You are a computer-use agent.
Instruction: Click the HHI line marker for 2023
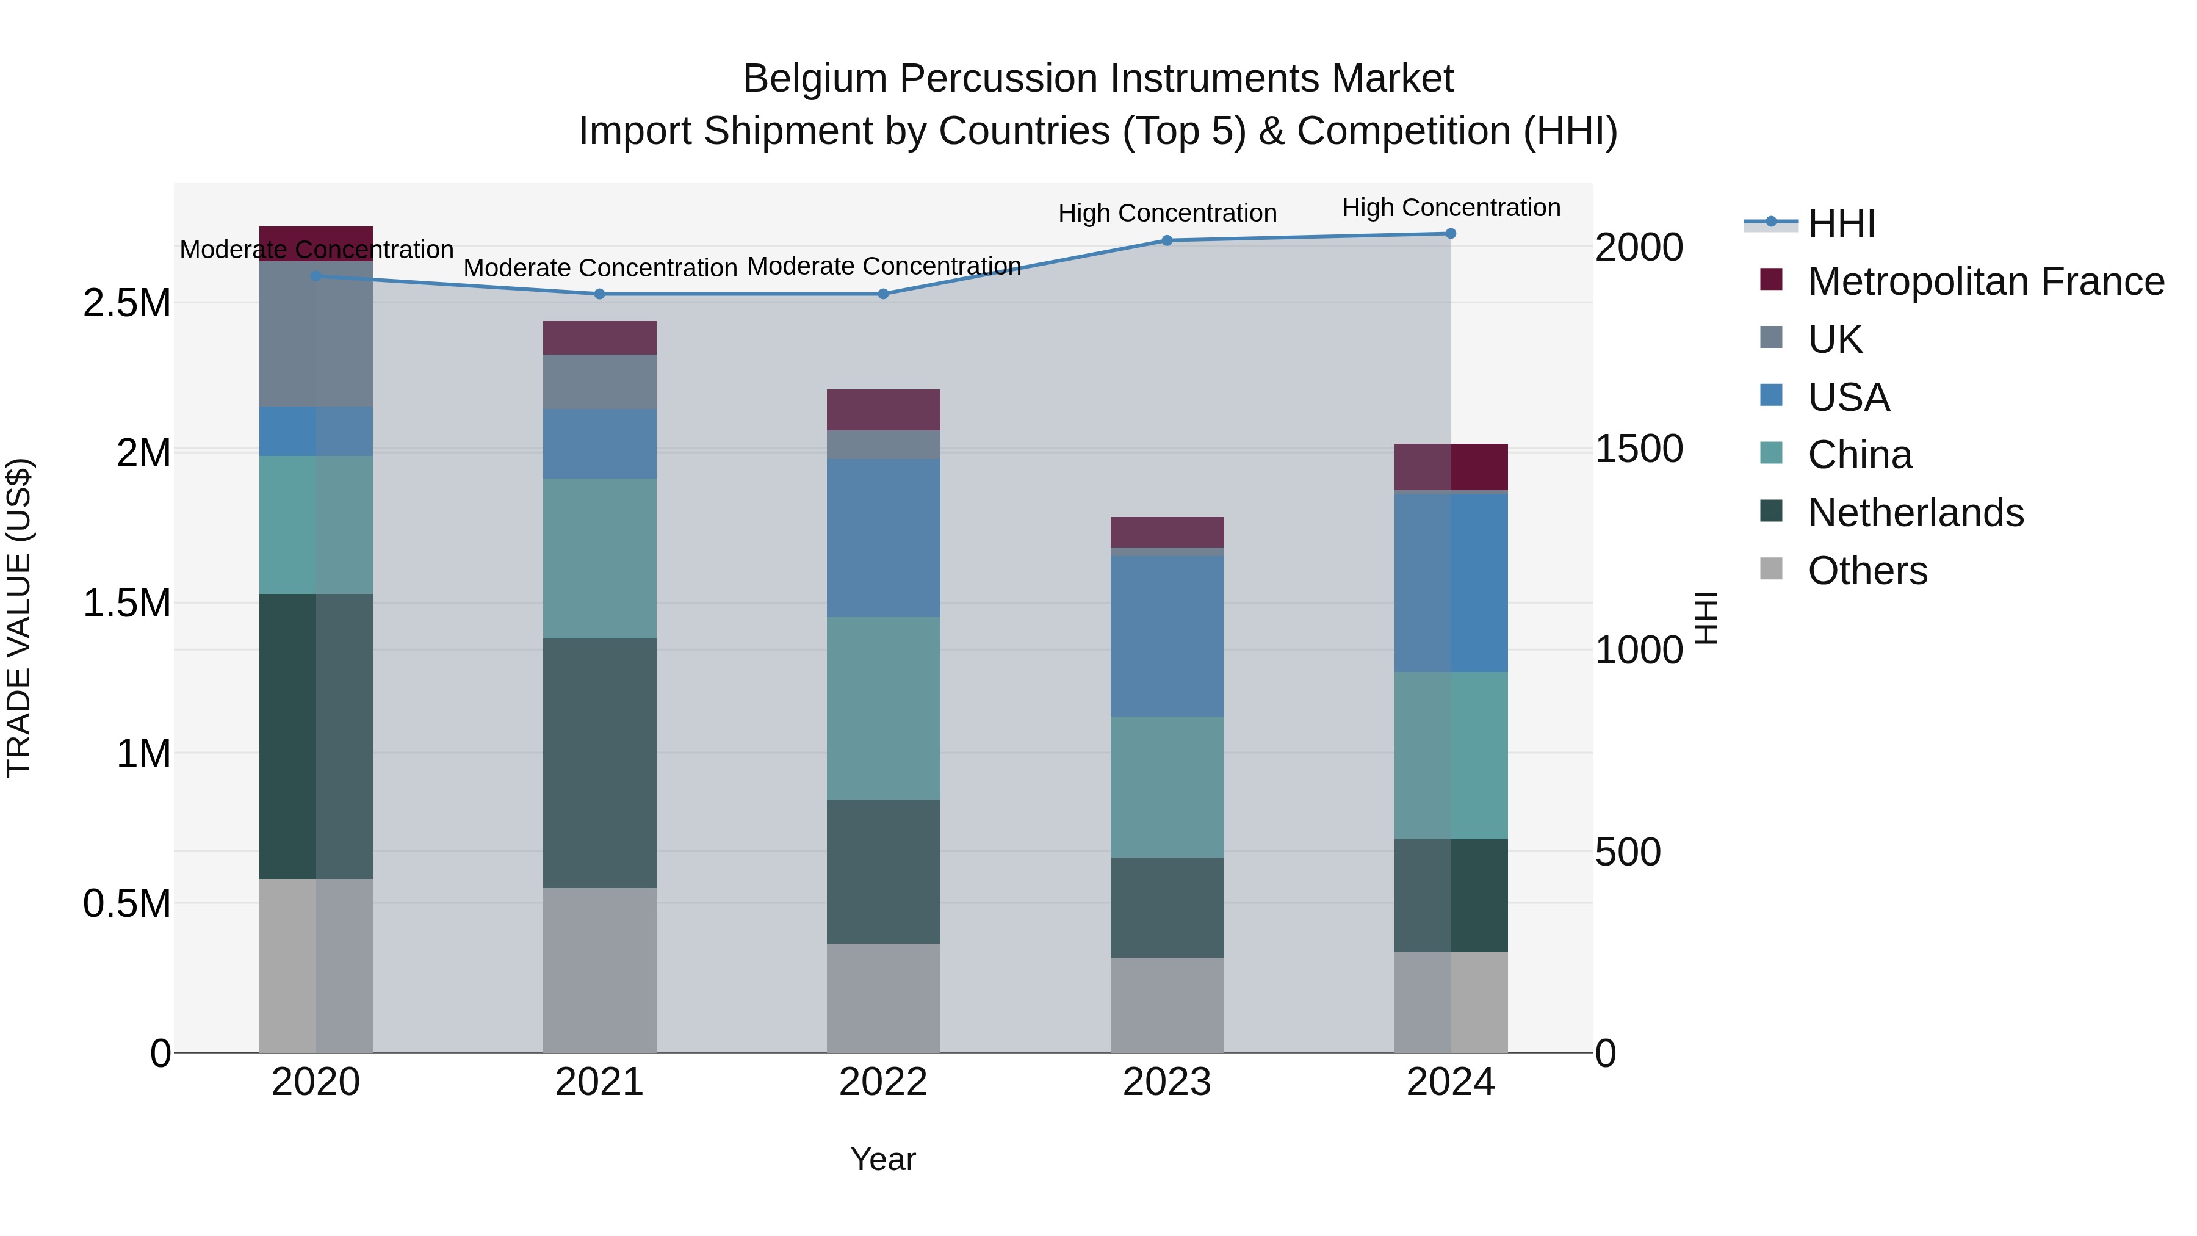point(1167,240)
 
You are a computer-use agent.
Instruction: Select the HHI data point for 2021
point(599,294)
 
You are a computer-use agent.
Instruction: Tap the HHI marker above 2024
point(1451,234)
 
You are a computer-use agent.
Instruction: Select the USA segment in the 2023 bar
point(1167,637)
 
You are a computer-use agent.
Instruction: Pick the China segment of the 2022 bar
point(884,708)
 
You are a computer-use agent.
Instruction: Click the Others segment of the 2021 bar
point(599,970)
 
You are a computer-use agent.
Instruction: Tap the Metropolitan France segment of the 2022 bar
point(884,410)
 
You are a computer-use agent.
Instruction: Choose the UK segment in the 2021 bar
point(599,381)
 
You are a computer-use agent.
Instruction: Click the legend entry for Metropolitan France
point(1985,281)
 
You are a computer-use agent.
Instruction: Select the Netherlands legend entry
point(1916,513)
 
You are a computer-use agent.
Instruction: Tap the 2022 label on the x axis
point(884,1082)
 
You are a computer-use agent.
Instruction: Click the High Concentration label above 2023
point(1167,213)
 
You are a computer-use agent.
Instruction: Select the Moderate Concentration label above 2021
point(599,268)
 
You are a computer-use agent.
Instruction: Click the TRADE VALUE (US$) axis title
point(19,618)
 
